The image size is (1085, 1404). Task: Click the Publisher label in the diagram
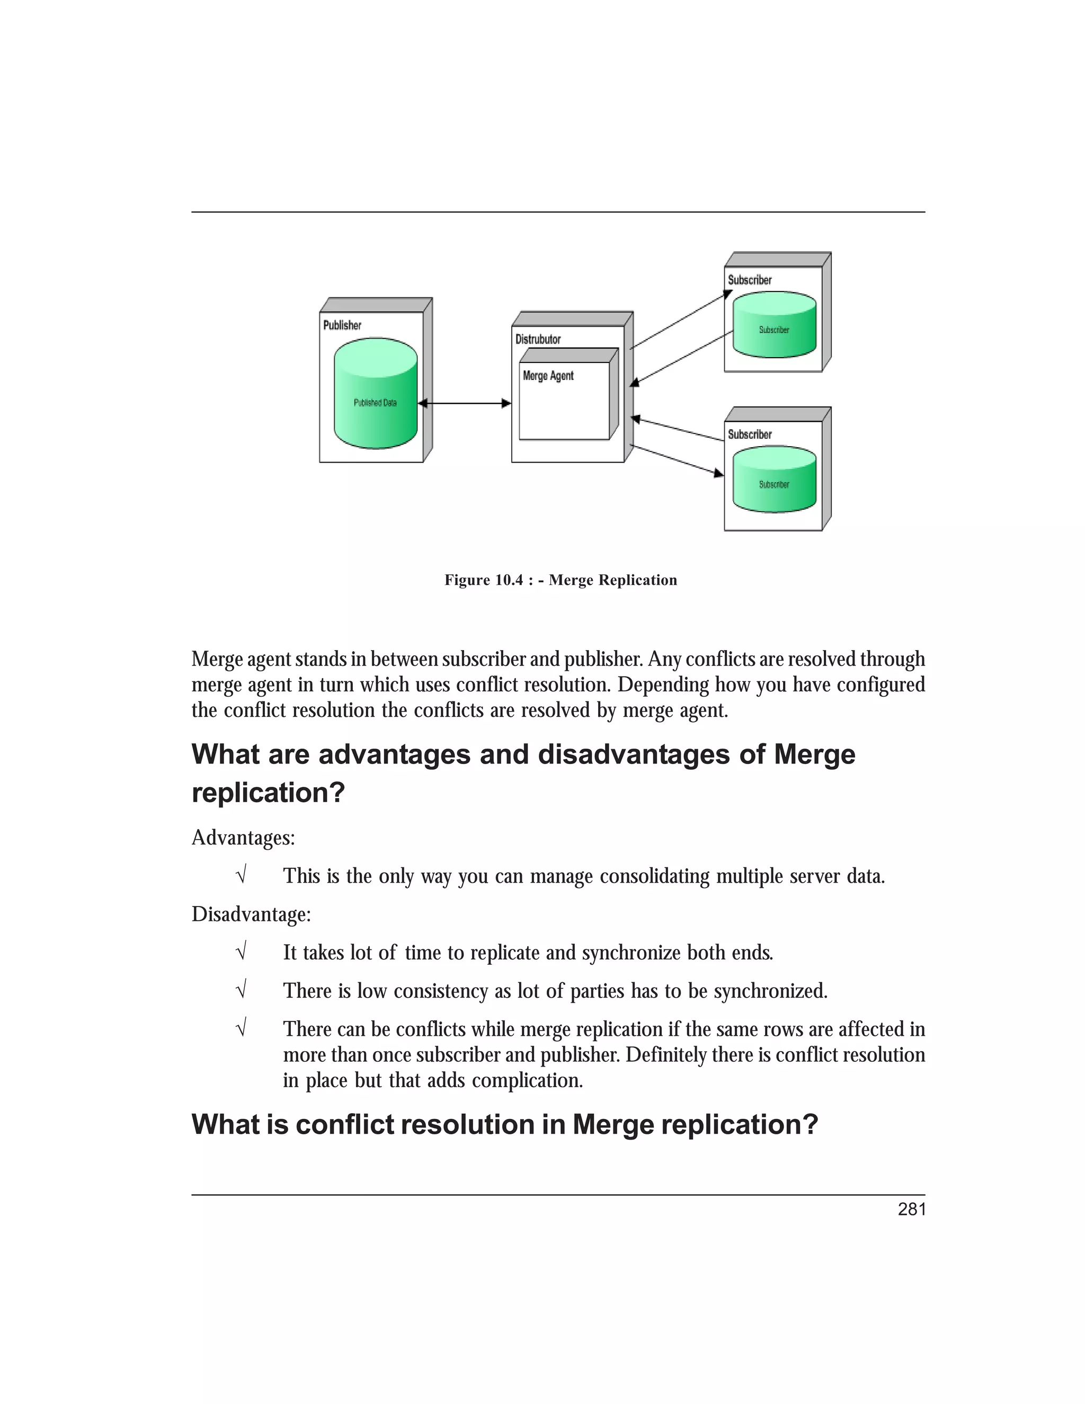click(342, 325)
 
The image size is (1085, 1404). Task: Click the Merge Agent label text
click(548, 376)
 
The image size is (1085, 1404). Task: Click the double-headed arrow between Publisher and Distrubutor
click(464, 404)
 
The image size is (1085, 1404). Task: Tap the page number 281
click(911, 1209)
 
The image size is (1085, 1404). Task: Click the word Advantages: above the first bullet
click(243, 838)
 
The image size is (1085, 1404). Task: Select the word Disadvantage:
click(251, 914)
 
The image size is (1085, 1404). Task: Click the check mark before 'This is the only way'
click(241, 876)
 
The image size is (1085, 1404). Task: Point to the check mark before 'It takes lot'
click(241, 952)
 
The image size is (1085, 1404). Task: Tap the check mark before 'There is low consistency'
click(241, 991)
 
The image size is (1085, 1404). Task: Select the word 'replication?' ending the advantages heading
click(268, 793)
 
